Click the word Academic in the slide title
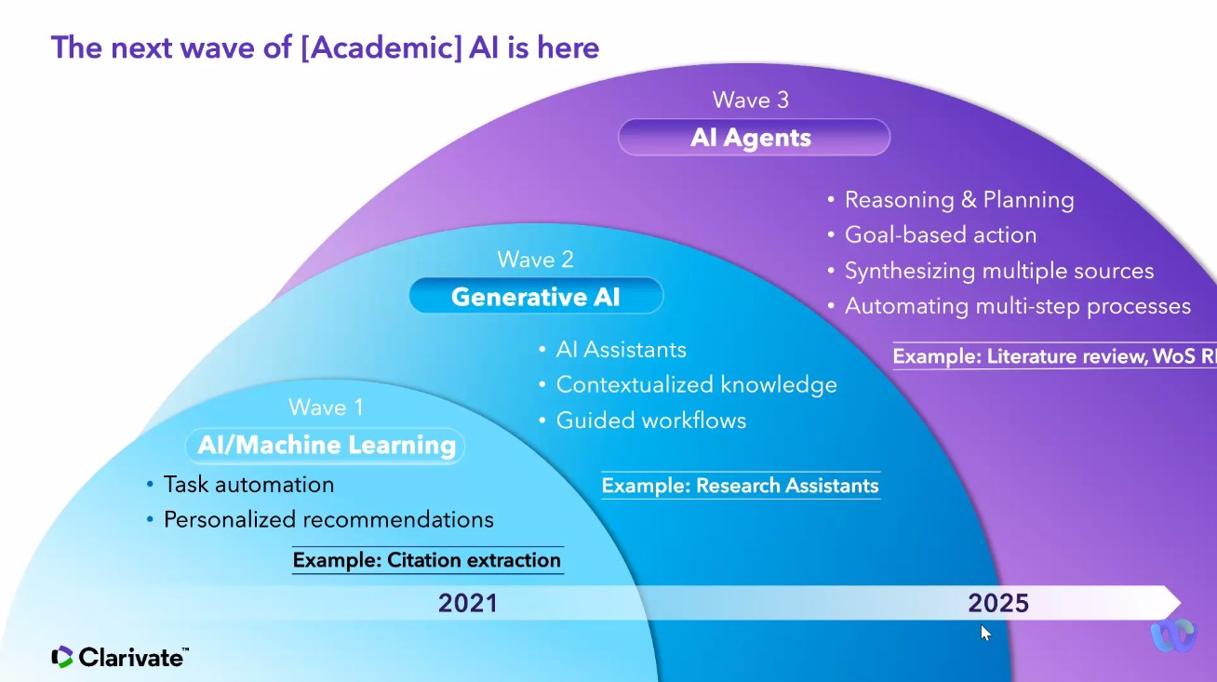(381, 47)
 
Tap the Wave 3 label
(750, 100)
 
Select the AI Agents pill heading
(754, 138)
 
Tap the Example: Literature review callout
(1054, 356)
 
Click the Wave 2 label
(535, 260)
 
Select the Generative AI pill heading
(536, 297)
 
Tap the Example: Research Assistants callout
(741, 486)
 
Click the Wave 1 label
(326, 408)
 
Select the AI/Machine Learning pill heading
(326, 445)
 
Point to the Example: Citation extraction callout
(427, 560)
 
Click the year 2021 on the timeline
(468, 603)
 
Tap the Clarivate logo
(120, 657)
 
